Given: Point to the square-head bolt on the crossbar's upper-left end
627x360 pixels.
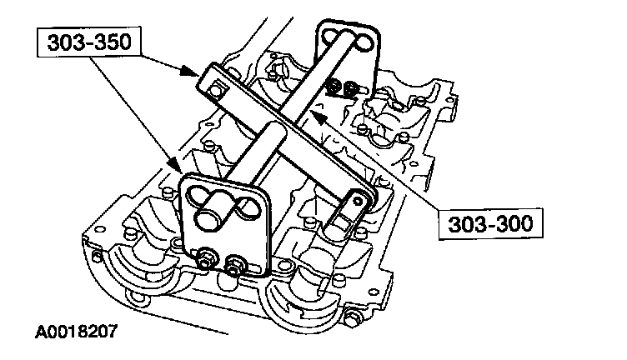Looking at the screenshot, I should click(216, 87).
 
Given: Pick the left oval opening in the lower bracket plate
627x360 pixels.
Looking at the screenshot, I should click(199, 197).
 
